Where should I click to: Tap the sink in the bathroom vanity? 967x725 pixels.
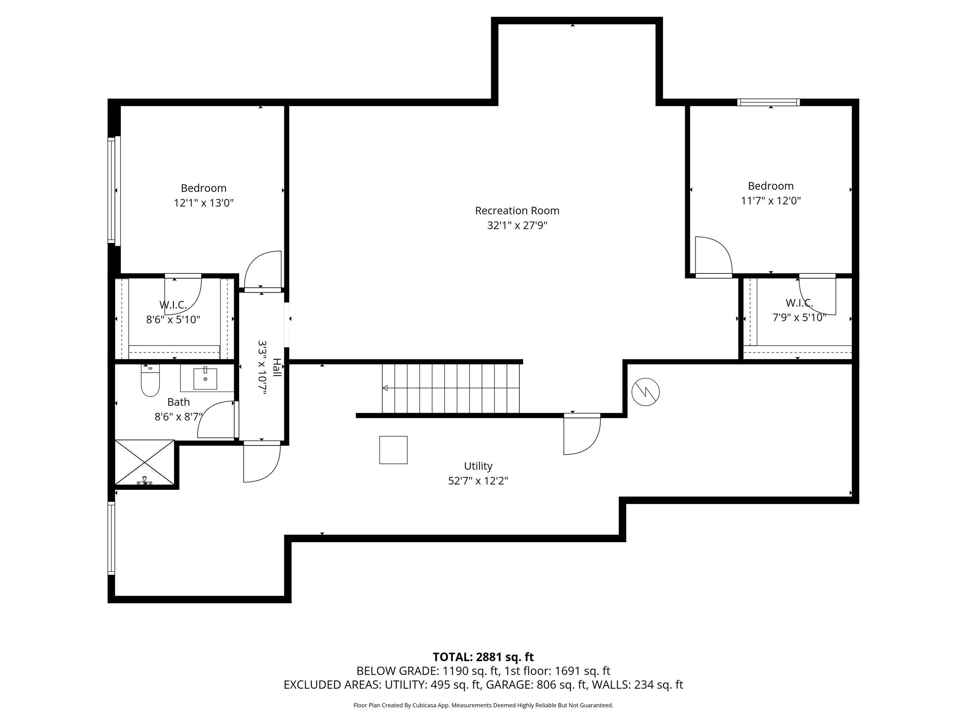click(205, 379)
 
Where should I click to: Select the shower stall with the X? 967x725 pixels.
click(144, 463)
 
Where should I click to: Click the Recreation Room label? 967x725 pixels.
click(517, 211)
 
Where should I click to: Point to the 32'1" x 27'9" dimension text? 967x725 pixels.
click(517, 225)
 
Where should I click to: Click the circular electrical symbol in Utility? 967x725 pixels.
click(645, 392)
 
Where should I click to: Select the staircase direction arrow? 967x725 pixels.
click(386, 388)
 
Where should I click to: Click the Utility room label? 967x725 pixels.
click(478, 466)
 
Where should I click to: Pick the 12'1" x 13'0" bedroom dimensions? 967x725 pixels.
click(204, 203)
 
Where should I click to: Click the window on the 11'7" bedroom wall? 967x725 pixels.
click(768, 102)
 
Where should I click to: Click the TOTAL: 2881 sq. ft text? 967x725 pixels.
click(483, 657)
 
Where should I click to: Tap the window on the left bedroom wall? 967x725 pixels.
click(111, 190)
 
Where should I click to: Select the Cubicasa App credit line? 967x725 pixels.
click(483, 705)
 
